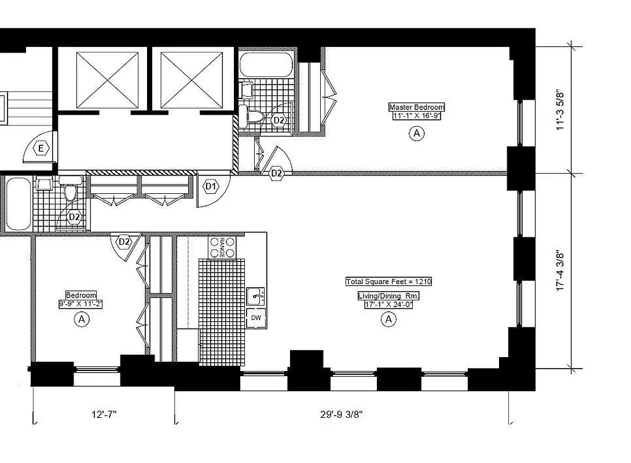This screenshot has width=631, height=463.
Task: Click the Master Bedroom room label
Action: [416, 107]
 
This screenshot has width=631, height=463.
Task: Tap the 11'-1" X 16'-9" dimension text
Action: [416, 115]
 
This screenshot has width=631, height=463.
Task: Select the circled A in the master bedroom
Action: [416, 134]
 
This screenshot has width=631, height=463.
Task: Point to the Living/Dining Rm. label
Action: [388, 296]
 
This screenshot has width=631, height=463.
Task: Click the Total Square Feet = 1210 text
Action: [388, 282]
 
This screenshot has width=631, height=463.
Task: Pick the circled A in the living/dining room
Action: [388, 319]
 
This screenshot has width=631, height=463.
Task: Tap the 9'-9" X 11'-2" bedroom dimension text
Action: [81, 303]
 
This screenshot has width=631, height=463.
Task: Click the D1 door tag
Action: [211, 187]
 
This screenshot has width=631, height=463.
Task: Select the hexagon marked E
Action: [41, 149]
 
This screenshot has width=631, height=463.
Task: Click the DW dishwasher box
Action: [255, 318]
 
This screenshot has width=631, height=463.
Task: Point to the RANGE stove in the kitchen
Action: [222, 248]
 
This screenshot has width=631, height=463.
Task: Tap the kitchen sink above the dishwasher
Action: [255, 296]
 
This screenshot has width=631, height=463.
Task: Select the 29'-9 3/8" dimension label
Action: [342, 414]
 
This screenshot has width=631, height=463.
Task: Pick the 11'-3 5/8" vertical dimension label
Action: [560, 110]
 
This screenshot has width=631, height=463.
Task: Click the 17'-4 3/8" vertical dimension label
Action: [560, 270]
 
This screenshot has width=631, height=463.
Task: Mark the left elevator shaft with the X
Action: [107, 80]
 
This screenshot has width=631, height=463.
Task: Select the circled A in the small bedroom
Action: [82, 319]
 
